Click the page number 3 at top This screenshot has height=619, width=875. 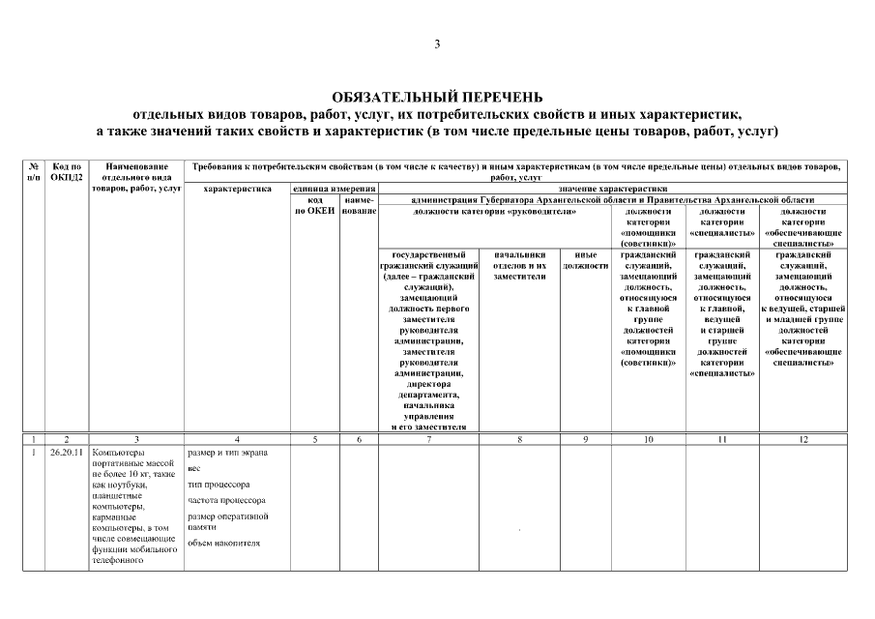tap(437, 44)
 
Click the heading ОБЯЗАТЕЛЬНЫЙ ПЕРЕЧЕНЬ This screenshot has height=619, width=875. tap(437, 97)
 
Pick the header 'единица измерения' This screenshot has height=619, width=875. tap(334, 190)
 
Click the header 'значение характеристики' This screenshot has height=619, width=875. tap(612, 190)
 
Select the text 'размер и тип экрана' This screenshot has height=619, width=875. tap(227, 453)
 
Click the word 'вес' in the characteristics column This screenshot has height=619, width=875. tap(194, 468)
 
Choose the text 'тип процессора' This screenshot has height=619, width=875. tap(219, 485)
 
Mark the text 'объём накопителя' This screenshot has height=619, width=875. tap(224, 543)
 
